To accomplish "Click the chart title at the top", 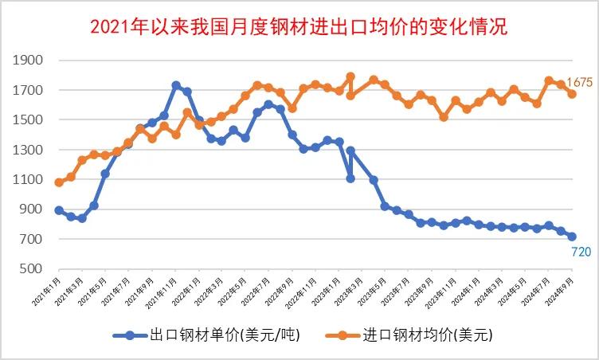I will coord(299,26).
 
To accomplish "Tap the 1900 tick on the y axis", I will coord(29,61).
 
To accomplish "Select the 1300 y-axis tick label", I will coord(29,150).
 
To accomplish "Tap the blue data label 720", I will coord(581,252).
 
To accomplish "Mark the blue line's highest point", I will coord(176,85).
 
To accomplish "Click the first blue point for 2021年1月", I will coord(59,210).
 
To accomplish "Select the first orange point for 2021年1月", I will coord(59,182).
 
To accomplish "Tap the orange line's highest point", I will coord(350,76).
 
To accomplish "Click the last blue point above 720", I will coord(572,237).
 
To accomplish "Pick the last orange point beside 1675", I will coord(572,94).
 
